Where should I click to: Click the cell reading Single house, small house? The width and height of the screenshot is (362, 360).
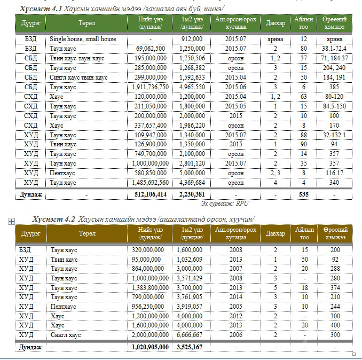coord(83,39)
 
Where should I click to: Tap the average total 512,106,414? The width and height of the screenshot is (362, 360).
coord(148,195)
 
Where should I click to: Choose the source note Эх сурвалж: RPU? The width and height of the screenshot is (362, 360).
coord(224,204)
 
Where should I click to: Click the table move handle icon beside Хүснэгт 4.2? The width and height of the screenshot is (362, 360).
coord(11,221)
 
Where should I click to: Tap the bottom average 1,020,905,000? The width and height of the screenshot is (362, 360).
coord(150,347)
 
